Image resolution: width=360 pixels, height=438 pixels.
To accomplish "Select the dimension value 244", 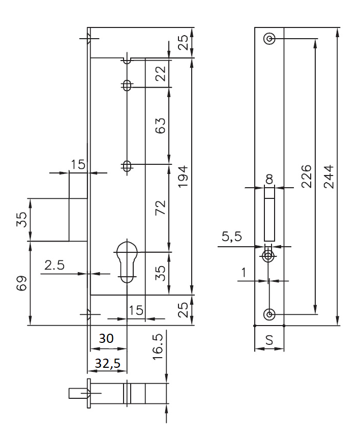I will coord(329,176).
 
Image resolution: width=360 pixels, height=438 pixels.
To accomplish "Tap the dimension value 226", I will coord(306,176).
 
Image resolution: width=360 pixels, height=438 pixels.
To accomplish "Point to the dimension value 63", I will coord(160,126).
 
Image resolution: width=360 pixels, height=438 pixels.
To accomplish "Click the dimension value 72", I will coord(160,208).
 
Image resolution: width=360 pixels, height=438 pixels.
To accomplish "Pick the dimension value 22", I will coord(160,74).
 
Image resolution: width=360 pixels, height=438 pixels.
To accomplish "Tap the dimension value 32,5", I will coord(108,364).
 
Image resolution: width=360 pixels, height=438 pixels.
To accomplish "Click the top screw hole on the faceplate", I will coord(269,39).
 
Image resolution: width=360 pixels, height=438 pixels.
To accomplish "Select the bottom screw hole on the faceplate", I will coord(269,314).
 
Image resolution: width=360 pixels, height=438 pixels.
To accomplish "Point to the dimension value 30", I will coord(106,339).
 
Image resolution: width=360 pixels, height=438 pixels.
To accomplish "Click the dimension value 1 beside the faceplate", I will coord(243,273).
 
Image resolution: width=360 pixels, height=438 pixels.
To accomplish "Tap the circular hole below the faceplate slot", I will coord(268,255).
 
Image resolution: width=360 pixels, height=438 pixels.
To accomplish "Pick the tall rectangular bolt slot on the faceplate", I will coord(269,214).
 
